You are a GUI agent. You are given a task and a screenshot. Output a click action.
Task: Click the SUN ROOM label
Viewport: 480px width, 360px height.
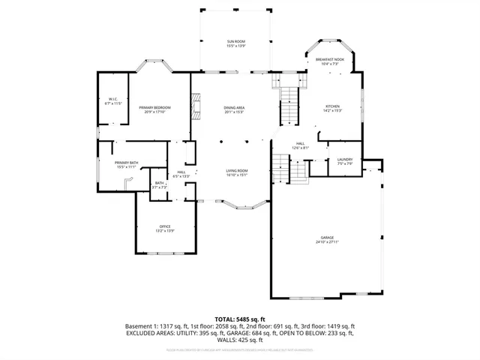click(236, 40)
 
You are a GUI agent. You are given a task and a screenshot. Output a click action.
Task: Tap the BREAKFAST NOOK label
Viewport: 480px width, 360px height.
click(330, 59)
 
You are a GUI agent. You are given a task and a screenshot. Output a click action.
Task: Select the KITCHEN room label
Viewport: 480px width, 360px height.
click(332, 106)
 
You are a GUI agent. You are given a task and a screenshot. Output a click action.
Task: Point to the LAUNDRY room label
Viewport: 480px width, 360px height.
click(345, 159)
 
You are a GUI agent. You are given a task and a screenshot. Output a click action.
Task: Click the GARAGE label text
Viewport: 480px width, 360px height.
click(328, 237)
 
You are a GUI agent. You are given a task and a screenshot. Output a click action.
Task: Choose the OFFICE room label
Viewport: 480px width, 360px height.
click(165, 226)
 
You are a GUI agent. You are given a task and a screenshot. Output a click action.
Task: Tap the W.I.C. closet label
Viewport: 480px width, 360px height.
click(112, 99)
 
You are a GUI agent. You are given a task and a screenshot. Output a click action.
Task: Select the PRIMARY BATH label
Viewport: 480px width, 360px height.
click(126, 163)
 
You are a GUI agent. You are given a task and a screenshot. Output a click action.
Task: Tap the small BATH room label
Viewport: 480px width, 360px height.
click(159, 182)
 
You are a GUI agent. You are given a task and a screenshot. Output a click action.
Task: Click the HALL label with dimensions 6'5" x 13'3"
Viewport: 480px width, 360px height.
click(181, 172)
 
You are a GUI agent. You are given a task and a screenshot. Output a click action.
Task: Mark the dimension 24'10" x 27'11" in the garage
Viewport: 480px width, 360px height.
click(328, 241)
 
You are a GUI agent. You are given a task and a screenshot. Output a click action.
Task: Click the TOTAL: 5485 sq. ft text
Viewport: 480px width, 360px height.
click(240, 319)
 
